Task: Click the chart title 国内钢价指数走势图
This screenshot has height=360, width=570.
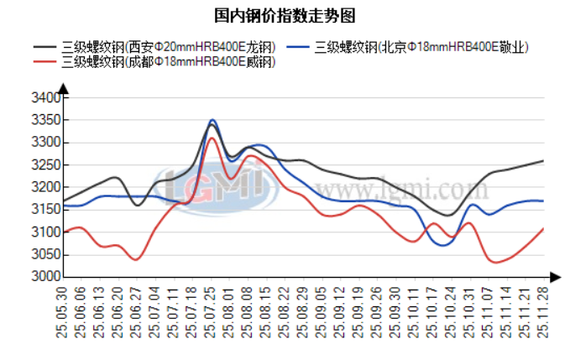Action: point(285,16)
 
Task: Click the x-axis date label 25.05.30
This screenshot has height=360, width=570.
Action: point(62,311)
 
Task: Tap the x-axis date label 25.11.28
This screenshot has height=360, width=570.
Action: point(543,311)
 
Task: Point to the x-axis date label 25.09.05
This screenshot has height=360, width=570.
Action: point(322,311)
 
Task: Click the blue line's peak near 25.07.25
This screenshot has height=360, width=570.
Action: point(212,120)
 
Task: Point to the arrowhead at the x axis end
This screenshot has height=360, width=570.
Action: point(555,276)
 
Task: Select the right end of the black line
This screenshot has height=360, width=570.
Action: point(543,160)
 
